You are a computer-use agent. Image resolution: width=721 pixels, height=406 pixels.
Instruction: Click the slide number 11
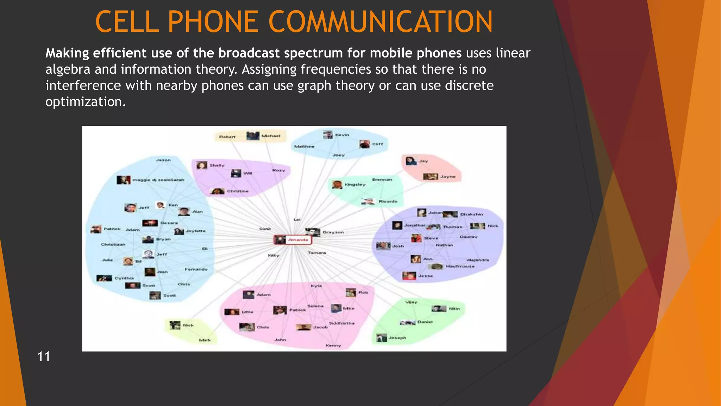pos(44,356)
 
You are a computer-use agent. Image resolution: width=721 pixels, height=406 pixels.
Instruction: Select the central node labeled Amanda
pos(298,240)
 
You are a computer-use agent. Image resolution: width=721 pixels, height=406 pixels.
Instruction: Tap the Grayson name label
pos(333,232)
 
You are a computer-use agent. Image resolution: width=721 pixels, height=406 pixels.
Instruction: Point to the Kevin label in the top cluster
pos(342,135)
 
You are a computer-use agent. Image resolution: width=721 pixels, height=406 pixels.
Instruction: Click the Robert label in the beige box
pos(227,137)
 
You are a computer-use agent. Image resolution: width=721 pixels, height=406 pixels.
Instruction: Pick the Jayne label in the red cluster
pos(447,177)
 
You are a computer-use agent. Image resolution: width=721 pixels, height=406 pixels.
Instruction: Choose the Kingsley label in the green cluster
pos(355,185)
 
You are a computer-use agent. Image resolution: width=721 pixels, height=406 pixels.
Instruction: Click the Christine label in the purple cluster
pos(238,191)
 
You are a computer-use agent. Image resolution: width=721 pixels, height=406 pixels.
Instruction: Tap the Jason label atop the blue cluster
pos(163,160)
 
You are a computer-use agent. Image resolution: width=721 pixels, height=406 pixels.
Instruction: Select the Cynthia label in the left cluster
pos(124,278)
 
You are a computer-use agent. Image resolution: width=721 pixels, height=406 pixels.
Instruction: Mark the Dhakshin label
pos(471,214)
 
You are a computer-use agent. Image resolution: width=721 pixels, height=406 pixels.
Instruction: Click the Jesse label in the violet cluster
pos(425,276)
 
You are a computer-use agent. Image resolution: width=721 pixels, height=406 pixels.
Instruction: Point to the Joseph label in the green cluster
pos(397,338)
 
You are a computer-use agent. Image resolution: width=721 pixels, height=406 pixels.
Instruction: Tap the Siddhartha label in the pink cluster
pos(341,323)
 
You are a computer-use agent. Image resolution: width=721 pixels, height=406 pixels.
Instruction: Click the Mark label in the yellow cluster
pos(205,340)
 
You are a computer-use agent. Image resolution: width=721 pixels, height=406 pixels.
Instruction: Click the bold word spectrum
pos(313,53)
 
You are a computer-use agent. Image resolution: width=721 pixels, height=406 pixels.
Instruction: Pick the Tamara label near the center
pos(316,253)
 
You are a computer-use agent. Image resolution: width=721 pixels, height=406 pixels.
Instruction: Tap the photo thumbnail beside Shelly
pos(202,165)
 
